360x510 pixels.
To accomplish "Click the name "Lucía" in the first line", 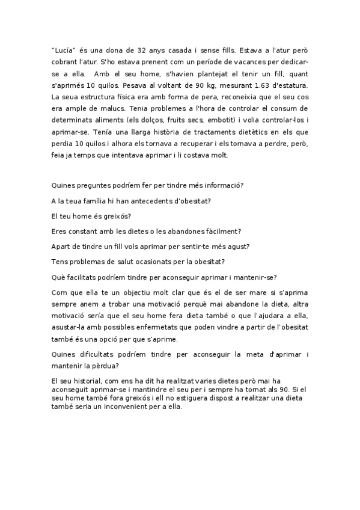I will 65,52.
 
